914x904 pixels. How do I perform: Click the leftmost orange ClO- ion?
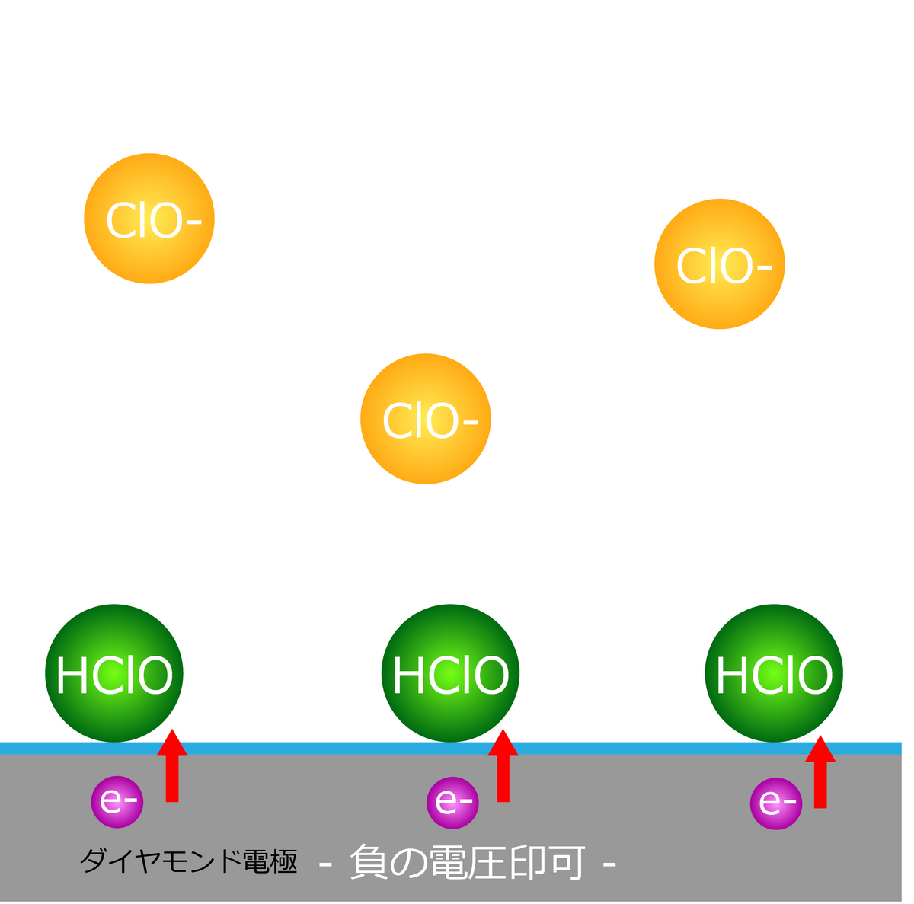(x=149, y=219)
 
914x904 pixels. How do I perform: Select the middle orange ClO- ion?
(x=425, y=419)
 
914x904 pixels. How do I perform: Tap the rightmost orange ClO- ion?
(x=719, y=264)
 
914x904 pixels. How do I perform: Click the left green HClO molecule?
(x=114, y=673)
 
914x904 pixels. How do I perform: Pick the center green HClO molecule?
(x=450, y=673)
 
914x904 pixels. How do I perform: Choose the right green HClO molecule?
(x=774, y=673)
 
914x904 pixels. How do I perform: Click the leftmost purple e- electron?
(x=117, y=801)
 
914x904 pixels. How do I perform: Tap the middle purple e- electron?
(x=452, y=802)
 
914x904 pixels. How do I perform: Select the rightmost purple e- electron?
(x=776, y=803)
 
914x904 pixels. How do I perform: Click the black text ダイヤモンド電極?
(x=188, y=861)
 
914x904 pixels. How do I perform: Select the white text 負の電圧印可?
(x=468, y=863)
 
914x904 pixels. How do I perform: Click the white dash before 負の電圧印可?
(x=325, y=864)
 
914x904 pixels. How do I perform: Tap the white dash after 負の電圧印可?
(x=609, y=864)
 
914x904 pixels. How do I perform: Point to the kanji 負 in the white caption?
(x=369, y=863)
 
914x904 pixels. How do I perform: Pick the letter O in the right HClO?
(x=814, y=675)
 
